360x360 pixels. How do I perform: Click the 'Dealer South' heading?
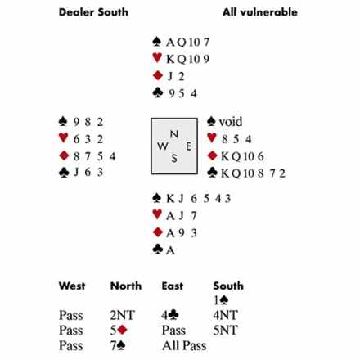tap(93, 12)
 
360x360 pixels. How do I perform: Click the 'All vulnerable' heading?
tap(260, 12)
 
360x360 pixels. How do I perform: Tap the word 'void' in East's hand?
tap(231, 122)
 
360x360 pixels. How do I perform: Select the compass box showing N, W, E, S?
tap(174, 146)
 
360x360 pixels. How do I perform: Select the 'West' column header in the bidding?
tap(72, 286)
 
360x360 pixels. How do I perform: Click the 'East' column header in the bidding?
tap(173, 286)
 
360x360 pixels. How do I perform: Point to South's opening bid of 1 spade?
tap(221, 300)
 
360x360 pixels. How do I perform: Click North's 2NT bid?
tap(122, 315)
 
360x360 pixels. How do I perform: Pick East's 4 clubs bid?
tap(169, 315)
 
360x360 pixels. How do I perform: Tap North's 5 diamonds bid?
tap(119, 331)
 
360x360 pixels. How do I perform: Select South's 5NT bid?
tap(226, 331)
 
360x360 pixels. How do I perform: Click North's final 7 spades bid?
tap(118, 346)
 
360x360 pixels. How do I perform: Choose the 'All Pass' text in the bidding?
tap(184, 346)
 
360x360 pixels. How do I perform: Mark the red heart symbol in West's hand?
tap(64, 137)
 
